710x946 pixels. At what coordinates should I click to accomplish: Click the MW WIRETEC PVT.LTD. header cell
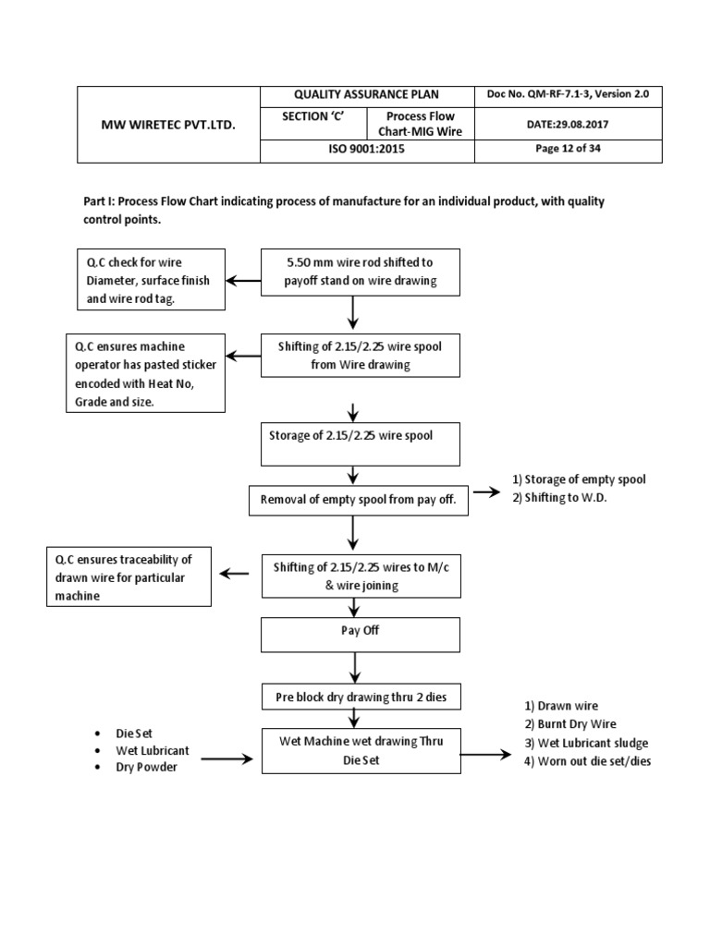pos(168,124)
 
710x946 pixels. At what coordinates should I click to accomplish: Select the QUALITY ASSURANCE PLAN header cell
pos(366,95)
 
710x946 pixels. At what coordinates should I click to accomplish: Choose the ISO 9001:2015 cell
pos(366,150)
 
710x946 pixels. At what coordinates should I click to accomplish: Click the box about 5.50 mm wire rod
pos(360,272)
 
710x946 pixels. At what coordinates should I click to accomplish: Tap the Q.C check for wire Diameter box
pos(150,279)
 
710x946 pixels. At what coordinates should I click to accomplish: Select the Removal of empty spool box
pos(359,502)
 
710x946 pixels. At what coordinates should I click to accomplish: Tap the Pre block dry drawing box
pos(356,697)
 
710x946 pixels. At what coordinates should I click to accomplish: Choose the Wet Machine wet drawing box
pos(361,752)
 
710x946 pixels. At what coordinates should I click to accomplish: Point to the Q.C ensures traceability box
pos(129,576)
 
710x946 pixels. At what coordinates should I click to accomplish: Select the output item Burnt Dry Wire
pos(569,724)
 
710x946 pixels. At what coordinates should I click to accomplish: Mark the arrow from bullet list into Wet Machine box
pos(226,759)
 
